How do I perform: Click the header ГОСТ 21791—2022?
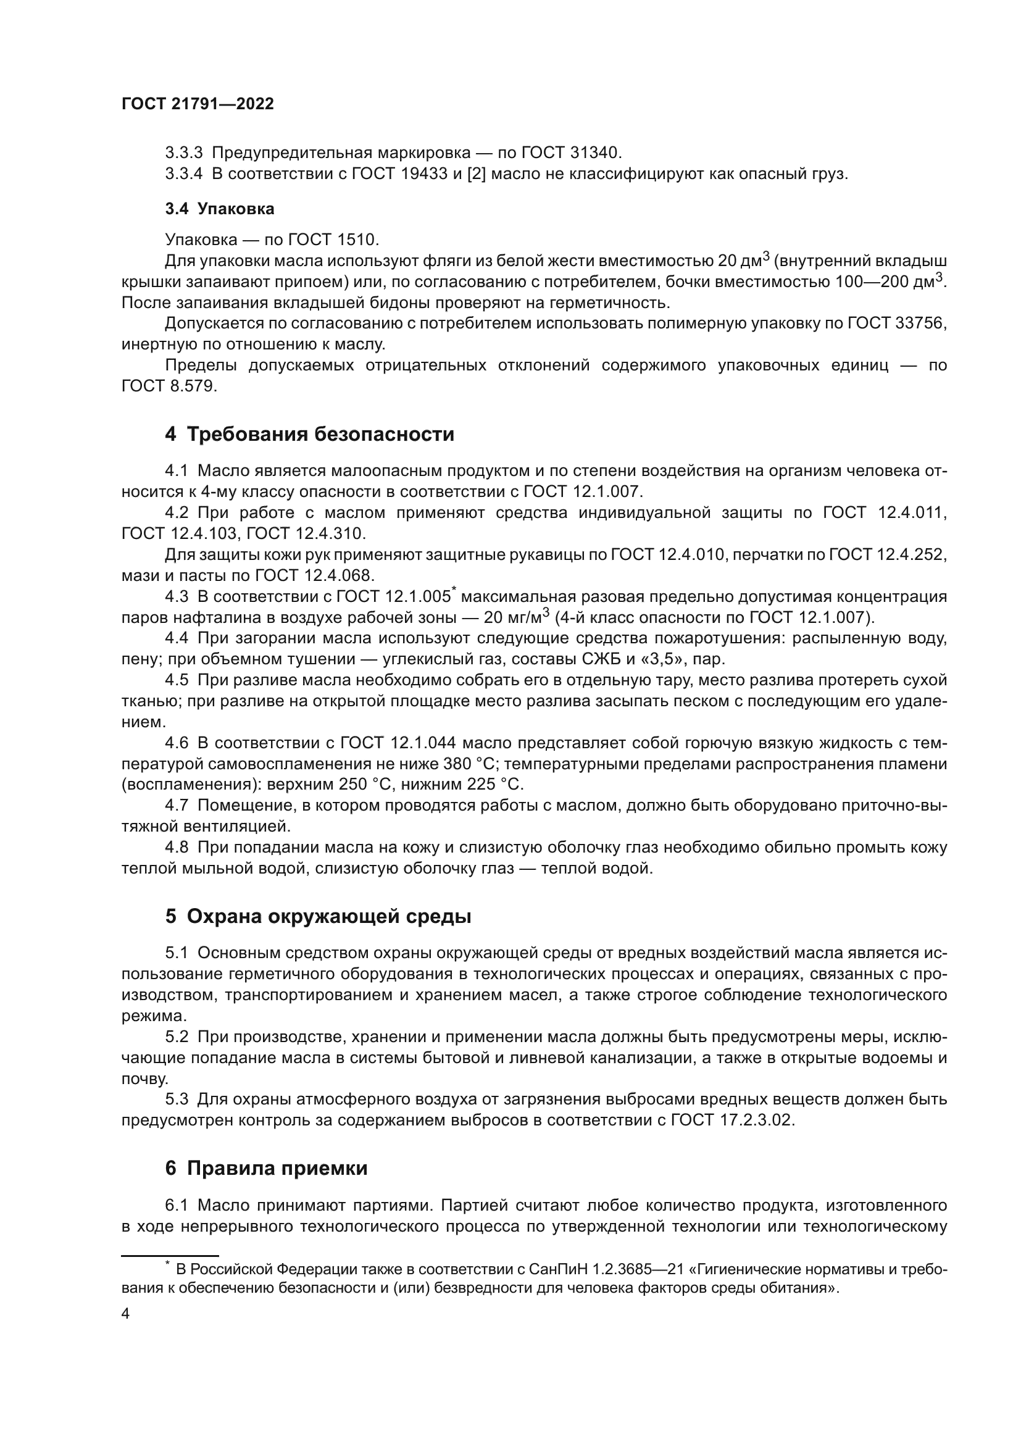[198, 104]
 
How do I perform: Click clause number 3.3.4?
[183, 173]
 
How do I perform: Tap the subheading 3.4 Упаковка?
[219, 209]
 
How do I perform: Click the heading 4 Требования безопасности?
[309, 434]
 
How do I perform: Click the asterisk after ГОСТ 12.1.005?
[454, 590]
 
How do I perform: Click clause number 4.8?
[177, 848]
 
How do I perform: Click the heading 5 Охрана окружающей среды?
[318, 916]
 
